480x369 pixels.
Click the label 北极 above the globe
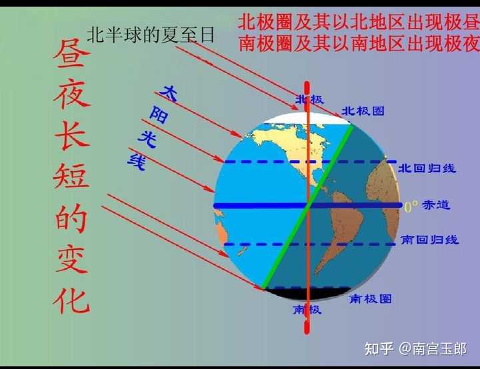(x=310, y=100)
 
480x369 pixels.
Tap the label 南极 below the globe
(x=307, y=310)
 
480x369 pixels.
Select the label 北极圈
(x=363, y=111)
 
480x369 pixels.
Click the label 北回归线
(x=427, y=168)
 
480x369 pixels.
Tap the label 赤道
(x=436, y=205)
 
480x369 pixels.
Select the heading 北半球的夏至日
(x=151, y=35)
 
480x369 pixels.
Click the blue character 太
(x=171, y=93)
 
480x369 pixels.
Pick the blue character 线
(x=136, y=161)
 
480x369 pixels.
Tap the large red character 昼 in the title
(x=71, y=61)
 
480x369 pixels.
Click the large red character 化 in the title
(x=71, y=298)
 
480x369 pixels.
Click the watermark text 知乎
(x=378, y=348)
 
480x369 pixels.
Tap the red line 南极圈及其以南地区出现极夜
(x=359, y=44)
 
